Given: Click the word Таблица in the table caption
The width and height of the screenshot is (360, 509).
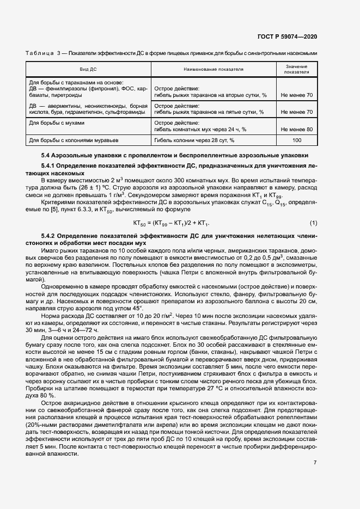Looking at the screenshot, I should point(40,53).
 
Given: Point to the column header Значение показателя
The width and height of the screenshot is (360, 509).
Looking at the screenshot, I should point(296,69).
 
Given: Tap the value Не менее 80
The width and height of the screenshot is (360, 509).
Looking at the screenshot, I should point(296,130).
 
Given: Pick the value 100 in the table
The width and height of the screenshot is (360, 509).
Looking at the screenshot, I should point(296,140).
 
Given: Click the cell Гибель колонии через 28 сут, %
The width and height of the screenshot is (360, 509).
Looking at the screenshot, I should point(194,140).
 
